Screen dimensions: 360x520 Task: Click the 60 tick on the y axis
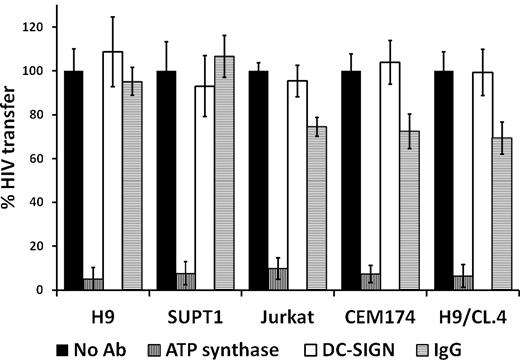pyautogui.click(x=41, y=159)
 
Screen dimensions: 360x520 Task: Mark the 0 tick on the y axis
pyautogui.click(x=45, y=290)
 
